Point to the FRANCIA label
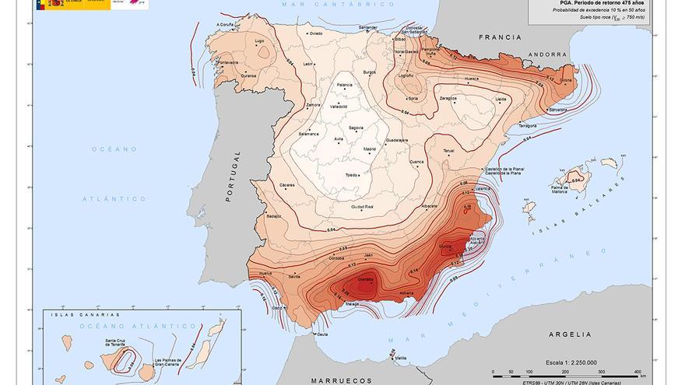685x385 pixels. (499, 37)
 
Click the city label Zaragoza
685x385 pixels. (448, 99)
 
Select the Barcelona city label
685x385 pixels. (558, 110)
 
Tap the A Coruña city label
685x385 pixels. (223, 25)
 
